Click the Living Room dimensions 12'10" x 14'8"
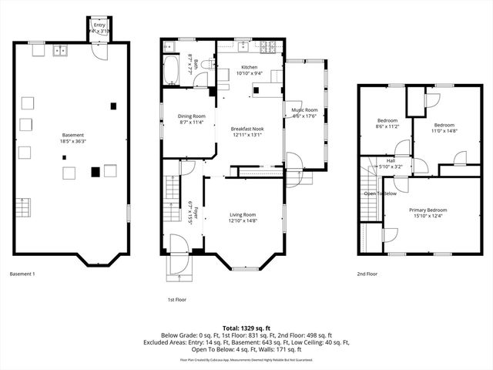click(243, 221)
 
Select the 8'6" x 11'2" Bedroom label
click(387, 120)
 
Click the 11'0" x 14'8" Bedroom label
click(444, 125)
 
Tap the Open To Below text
click(381, 193)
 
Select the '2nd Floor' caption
click(367, 274)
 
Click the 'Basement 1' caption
click(23, 274)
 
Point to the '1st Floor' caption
click(176, 299)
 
